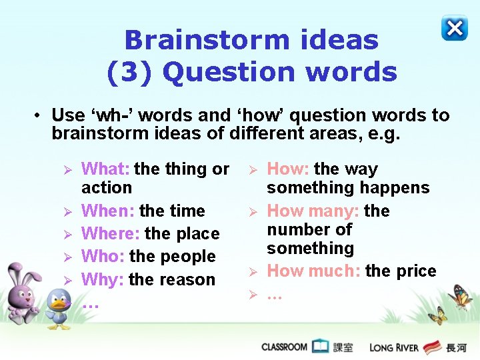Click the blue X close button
point(454,28)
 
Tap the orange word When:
point(109,211)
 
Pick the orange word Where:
point(111,234)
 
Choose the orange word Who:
point(103,257)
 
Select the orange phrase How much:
point(314,271)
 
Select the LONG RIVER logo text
point(395,347)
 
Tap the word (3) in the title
point(130,72)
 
